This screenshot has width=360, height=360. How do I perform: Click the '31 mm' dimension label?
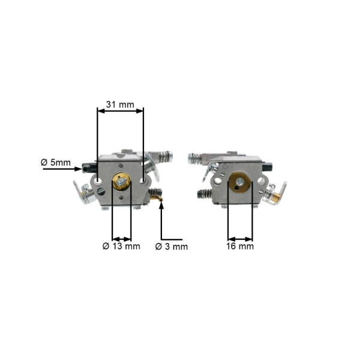click(120, 104)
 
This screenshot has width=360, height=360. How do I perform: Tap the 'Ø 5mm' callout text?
click(56, 163)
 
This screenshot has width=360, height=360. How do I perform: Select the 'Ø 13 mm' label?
click(121, 247)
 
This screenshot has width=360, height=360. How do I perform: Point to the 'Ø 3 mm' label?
click(172, 247)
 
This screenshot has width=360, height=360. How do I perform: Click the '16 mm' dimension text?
click(240, 246)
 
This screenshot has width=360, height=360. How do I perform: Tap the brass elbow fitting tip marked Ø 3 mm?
click(161, 200)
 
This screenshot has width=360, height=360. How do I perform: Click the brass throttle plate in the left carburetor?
click(121, 182)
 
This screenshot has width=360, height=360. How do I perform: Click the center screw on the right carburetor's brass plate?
click(240, 181)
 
